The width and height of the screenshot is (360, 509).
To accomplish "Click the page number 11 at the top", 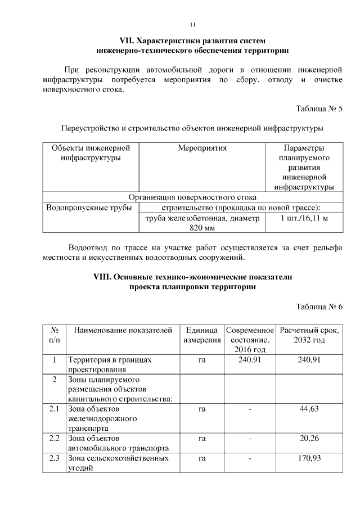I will pyautogui.click(x=192, y=25).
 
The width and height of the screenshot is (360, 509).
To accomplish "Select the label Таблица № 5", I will pyautogui.click(x=319, y=109).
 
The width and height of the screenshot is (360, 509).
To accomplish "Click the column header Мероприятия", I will pyautogui.click(x=202, y=148).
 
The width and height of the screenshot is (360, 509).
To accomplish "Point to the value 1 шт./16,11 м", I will pyautogui.click(x=304, y=218).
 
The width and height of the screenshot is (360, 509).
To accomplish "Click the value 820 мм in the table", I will pyautogui.click(x=202, y=228).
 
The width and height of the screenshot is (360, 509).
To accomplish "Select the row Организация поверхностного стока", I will pyautogui.click(x=192, y=197).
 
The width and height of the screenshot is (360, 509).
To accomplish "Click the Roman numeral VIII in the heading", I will pyautogui.click(x=103, y=277).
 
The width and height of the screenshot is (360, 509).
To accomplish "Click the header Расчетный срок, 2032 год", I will pyautogui.click(x=309, y=335).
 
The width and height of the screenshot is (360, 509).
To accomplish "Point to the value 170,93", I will pyautogui.click(x=309, y=458).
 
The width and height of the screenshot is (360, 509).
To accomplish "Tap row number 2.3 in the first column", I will pyautogui.click(x=54, y=458).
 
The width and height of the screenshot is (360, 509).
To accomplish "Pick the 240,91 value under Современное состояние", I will pyautogui.click(x=249, y=360).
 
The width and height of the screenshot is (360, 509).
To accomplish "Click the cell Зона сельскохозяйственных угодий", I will pyautogui.click(x=118, y=463).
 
